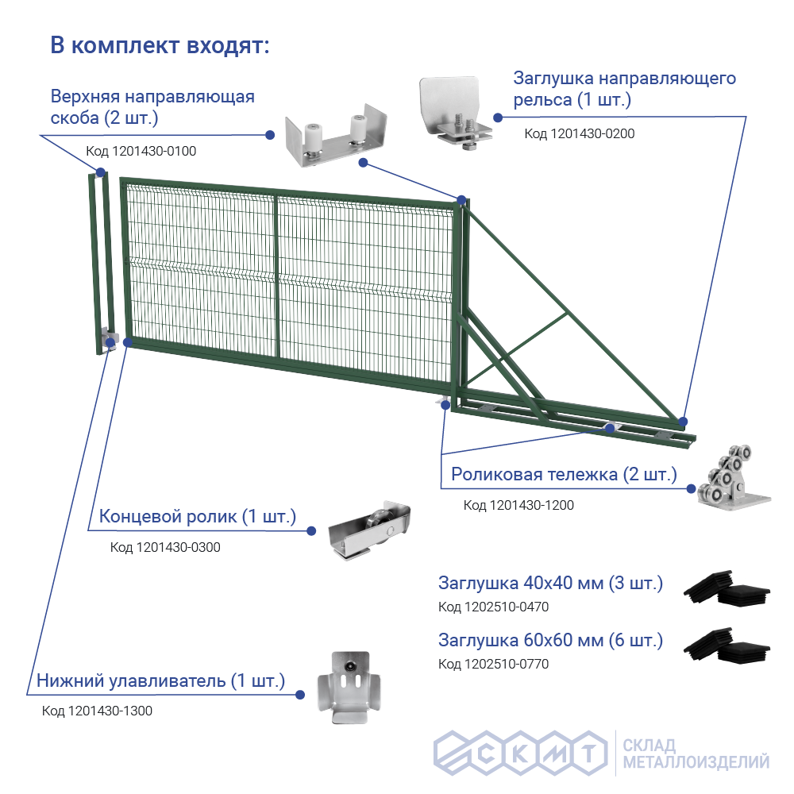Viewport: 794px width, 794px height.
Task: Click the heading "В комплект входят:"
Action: pyautogui.click(x=160, y=45)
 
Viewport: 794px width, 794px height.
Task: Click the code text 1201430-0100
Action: pyautogui.click(x=141, y=151)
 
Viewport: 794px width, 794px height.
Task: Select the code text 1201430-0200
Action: pyautogui.click(x=580, y=133)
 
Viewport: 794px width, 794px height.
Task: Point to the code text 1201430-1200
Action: pyautogui.click(x=518, y=505)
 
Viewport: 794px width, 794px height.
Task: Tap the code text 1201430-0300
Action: pyautogui.click(x=165, y=547)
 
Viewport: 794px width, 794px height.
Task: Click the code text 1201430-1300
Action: pyautogui.click(x=97, y=711)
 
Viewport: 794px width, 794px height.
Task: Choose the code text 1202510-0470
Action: pyautogui.click(x=493, y=607)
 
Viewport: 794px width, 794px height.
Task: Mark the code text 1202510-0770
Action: pyautogui.click(x=493, y=664)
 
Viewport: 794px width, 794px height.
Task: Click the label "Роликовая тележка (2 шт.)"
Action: pyautogui.click(x=564, y=475)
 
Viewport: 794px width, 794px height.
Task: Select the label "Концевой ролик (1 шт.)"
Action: pyautogui.click(x=197, y=518)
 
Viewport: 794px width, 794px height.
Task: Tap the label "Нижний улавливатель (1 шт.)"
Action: pyautogui.click(x=160, y=681)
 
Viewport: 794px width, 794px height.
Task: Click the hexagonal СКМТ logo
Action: pyautogui.click(x=517, y=752)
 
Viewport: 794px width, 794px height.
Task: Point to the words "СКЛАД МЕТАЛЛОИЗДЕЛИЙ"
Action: pyautogui.click(x=696, y=754)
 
